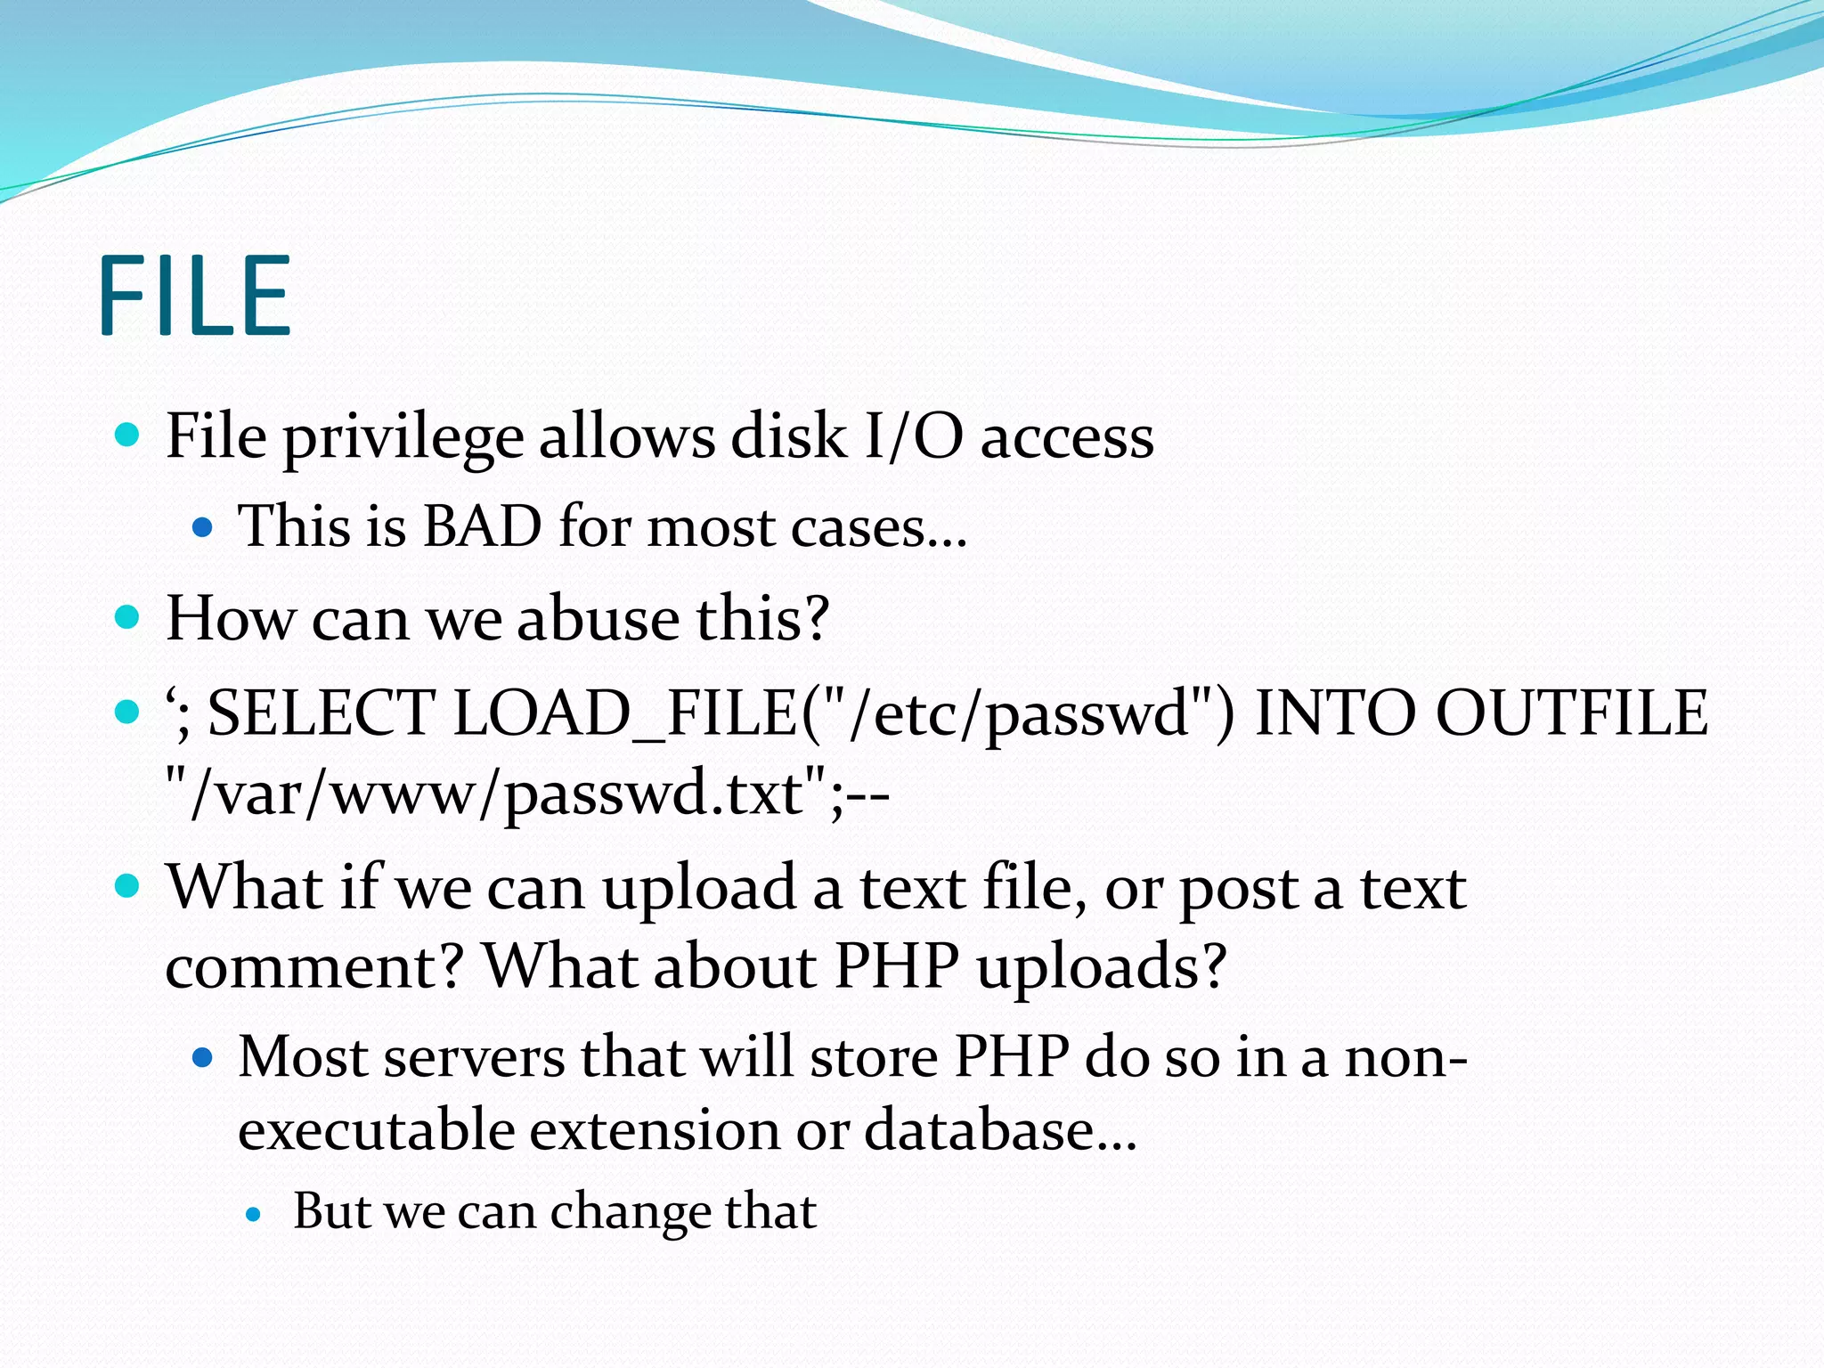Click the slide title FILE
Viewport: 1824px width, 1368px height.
195,296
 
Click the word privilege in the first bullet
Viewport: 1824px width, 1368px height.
403,439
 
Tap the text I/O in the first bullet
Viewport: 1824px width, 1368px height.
914,437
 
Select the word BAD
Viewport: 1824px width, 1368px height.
482,525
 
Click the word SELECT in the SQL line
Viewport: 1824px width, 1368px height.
321,713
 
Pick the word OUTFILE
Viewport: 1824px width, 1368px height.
1572,713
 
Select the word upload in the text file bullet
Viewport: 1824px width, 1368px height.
698,889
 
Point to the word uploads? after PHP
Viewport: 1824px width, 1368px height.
1102,967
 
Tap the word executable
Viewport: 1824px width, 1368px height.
377,1130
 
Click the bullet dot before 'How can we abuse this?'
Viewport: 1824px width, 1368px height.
128,617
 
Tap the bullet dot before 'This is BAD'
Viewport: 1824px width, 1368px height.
203,527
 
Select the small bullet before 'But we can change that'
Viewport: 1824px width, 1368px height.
254,1213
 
